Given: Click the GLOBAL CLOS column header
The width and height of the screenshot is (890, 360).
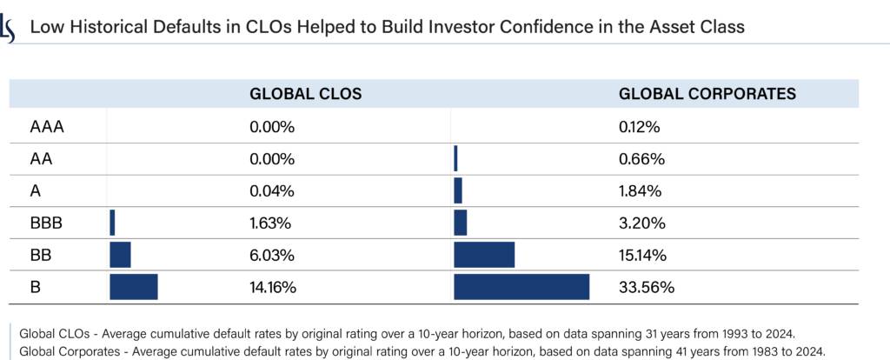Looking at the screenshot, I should pyautogui.click(x=305, y=94).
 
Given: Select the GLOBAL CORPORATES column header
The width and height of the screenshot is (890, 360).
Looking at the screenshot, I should pyautogui.click(x=707, y=94).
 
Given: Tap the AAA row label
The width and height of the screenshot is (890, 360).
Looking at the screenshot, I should pyautogui.click(x=48, y=127).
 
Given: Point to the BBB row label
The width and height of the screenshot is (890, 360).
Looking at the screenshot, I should pyautogui.click(x=46, y=223).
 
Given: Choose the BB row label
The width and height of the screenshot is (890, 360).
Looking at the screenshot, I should pyautogui.click(x=40, y=255).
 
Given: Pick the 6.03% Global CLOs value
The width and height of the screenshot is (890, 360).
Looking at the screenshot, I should pyautogui.click(x=270, y=255).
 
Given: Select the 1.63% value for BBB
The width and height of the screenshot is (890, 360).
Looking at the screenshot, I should pyautogui.click(x=269, y=223).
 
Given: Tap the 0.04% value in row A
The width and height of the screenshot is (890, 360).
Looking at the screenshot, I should pyautogui.click(x=271, y=191).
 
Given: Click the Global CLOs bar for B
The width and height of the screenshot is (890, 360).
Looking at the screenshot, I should pyautogui.click(x=133, y=287).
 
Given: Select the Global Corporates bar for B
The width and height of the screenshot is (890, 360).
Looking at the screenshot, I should pyautogui.click(x=521, y=287).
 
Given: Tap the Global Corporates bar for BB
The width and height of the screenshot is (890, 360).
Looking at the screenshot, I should pyautogui.click(x=484, y=255).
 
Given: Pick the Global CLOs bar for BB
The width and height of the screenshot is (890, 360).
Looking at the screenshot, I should pyautogui.click(x=120, y=255).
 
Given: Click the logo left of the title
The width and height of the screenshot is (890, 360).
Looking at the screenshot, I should pyautogui.click(x=9, y=29).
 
